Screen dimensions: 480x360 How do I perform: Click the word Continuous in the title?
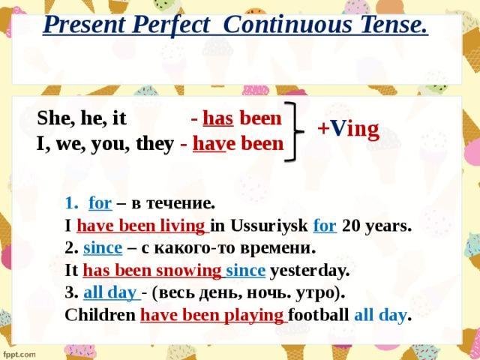[287, 25]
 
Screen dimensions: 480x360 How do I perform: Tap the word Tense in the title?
[394, 25]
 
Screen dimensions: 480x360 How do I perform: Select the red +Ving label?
[348, 129]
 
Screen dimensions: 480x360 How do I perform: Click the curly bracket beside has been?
[295, 132]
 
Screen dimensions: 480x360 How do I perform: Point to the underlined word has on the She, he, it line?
[218, 118]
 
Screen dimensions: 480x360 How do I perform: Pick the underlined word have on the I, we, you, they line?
[210, 144]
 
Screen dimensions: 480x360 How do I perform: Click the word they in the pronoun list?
[155, 145]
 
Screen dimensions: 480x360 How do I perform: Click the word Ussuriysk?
[269, 226]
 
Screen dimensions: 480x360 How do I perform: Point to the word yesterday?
[309, 271]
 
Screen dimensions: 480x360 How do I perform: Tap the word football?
[318, 315]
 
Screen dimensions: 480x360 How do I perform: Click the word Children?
[100, 315]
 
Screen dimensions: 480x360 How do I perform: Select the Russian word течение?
[180, 204]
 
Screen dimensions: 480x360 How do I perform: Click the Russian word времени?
[277, 248]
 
